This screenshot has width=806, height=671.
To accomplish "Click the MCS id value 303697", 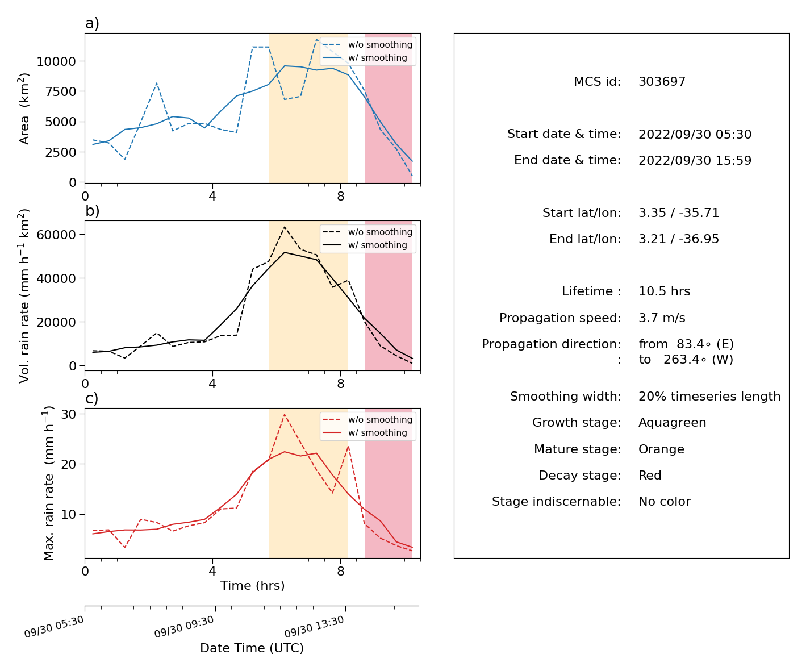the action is pos(662,81).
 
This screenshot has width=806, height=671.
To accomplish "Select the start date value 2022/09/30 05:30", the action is pos(695,134).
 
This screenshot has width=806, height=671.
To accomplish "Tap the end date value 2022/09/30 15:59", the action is pos(695,160).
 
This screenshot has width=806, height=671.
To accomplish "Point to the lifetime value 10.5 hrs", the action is pos(664,291).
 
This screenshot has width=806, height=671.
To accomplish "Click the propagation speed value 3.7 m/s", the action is pos(662,318).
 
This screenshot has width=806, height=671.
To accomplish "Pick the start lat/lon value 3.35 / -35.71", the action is pos(679,212).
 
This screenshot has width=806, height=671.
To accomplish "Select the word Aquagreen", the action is pos(672,423).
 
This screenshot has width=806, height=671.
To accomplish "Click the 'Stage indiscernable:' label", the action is pos(556,501).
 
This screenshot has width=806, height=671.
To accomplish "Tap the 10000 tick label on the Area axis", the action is pos(56,61).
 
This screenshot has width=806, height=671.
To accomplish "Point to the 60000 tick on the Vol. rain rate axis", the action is pos(56,235).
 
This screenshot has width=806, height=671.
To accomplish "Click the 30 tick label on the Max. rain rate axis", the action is pos(68,414).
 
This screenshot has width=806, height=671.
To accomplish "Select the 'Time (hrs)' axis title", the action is pos(252,585).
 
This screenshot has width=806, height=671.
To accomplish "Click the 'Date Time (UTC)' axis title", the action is pos(252,648).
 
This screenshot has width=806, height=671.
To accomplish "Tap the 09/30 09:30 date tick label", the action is pos(183,627).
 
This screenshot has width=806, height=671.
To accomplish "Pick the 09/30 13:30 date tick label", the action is pos(314,627).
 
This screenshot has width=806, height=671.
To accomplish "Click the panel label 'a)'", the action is pos(92,23).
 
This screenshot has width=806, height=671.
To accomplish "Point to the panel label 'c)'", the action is pos(92,398).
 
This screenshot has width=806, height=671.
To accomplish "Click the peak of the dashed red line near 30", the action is pos(285,414).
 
